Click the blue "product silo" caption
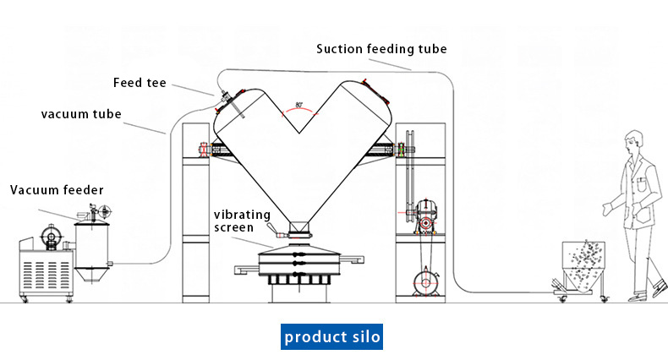coord(332,337)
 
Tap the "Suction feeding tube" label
coord(381,48)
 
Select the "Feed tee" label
coord(140,82)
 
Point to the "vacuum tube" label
coord(80,113)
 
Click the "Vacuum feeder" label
coord(57,190)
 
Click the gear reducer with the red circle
coord(426,220)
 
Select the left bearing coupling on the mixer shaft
coord(205,150)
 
